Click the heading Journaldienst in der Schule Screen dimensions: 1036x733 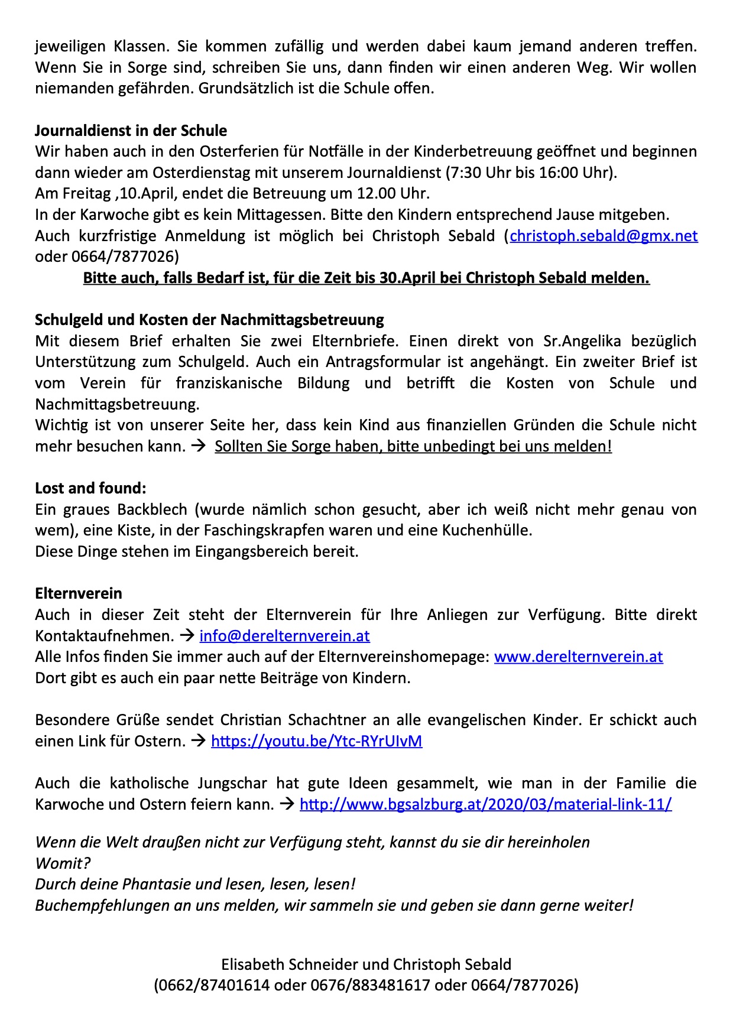point(131,131)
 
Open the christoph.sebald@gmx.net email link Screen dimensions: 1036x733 point(604,236)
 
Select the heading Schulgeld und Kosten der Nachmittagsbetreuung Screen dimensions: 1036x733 point(209,320)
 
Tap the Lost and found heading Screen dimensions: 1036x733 point(90,488)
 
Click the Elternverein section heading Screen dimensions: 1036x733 point(79,593)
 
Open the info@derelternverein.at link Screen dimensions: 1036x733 point(284,636)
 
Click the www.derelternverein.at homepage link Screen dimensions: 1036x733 point(578,657)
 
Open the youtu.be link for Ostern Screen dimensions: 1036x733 point(316,741)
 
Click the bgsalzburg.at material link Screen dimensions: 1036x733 point(485,804)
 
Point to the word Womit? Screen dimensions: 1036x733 point(63,863)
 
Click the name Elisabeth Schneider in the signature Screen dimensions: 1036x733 point(290,964)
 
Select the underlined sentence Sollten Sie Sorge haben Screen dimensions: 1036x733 point(413,446)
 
